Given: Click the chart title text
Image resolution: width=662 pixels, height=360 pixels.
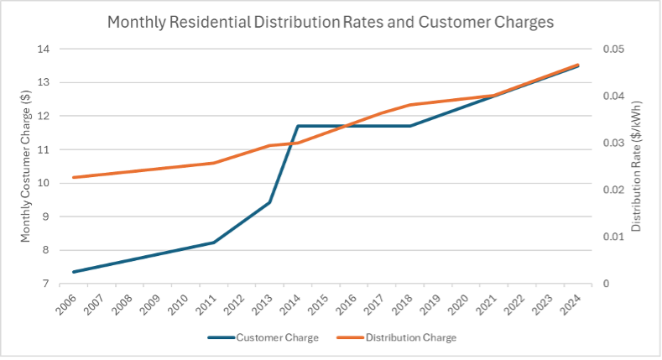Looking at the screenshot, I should point(331,23).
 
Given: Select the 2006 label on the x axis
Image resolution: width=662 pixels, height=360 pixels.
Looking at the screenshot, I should point(66,302).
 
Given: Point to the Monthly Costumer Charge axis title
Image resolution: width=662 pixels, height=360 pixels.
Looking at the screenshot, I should point(26,167).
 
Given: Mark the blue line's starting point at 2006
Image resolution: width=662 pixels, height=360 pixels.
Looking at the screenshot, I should point(74,272).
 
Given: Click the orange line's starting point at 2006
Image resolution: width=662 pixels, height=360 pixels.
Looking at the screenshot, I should point(74,177).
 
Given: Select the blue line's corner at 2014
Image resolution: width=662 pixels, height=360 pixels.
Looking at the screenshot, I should point(298,126).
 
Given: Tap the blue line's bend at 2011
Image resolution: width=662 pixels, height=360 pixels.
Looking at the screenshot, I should point(214,243).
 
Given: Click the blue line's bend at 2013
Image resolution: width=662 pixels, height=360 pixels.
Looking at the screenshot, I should point(269,202).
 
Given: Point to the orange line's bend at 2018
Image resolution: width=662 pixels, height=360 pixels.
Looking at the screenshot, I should point(409,105).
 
